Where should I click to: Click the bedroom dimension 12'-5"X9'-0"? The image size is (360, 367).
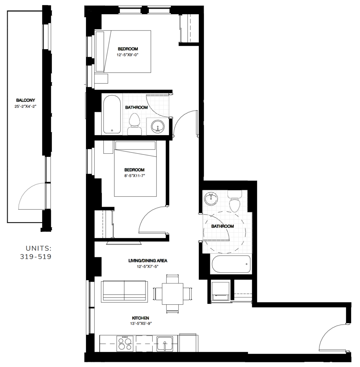[127, 55]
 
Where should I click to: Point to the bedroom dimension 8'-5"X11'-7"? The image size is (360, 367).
[134, 176]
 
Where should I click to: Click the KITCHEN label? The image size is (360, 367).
[140, 318]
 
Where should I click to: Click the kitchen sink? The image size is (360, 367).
[164, 343]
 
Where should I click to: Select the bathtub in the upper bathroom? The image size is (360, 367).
[112, 114]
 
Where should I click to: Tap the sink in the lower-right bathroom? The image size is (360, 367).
[211, 198]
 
